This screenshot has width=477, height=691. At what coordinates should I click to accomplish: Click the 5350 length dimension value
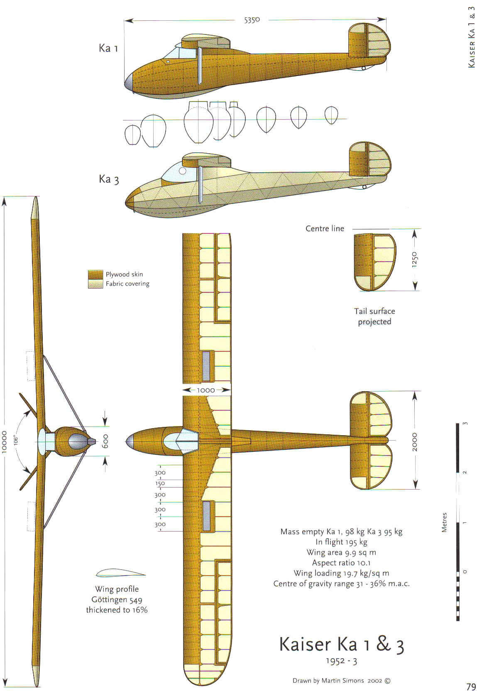coord(252,20)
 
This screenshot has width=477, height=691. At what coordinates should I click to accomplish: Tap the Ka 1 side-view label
coord(108,48)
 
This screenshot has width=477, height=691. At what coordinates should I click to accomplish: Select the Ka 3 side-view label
coord(109,179)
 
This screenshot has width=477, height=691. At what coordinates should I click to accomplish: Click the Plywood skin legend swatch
coord(95,274)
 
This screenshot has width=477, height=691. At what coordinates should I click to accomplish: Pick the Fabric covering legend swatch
coord(95,284)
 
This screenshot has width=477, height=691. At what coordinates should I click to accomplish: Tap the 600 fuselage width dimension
coord(105,441)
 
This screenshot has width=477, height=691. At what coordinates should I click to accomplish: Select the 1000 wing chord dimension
coord(206,390)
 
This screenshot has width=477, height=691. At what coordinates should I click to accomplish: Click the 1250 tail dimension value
coord(415,260)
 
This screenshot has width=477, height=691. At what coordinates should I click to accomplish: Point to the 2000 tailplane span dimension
coord(415,441)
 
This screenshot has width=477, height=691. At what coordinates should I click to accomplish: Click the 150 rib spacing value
coord(160,483)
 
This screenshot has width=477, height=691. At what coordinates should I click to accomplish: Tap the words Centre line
coord(325,228)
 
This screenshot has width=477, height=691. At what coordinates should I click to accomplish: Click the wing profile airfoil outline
coord(120,573)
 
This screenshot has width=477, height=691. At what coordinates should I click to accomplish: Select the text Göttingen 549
coord(117,600)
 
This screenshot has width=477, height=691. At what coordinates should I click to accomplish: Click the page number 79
coord(471,686)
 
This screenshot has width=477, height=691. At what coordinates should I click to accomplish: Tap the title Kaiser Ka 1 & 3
coord(341,644)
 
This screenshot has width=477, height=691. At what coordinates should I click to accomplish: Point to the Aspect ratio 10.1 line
coord(341,563)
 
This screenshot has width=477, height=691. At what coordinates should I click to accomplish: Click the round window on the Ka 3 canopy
coord(182,171)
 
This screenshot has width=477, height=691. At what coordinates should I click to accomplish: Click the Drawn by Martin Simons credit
coord(341,681)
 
